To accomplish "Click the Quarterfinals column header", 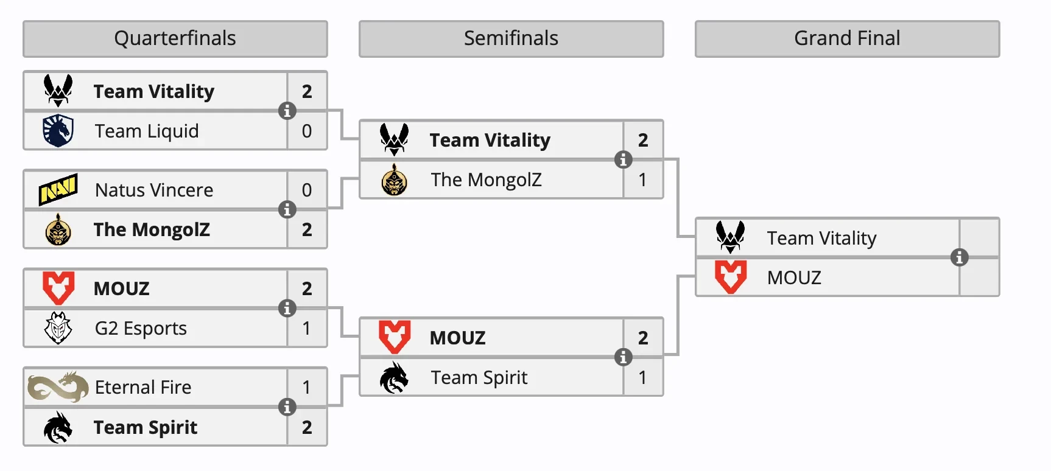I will point(175,39).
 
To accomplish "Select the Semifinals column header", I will point(511,39).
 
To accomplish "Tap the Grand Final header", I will point(847,39).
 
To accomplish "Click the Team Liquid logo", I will point(58,131).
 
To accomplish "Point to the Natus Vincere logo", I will point(58,189).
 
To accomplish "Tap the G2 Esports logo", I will point(58,328).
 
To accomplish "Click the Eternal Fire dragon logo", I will point(58,387).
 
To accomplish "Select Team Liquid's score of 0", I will point(307,131).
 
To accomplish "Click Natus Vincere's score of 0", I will point(307,190).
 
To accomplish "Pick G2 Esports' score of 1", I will point(307,328).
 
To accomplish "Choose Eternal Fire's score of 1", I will point(307,387).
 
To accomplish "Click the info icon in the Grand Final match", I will point(959,257).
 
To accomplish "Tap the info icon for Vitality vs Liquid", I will point(287,111).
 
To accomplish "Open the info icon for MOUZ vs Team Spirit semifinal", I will point(623,357).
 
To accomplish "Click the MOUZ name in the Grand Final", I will point(794,277).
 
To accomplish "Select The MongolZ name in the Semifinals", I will point(486,180).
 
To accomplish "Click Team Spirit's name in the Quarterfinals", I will point(146,427).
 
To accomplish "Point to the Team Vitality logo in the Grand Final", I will point(730,237).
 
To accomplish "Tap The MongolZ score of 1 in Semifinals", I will point(643,180).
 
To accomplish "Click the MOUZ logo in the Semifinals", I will point(395,337).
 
